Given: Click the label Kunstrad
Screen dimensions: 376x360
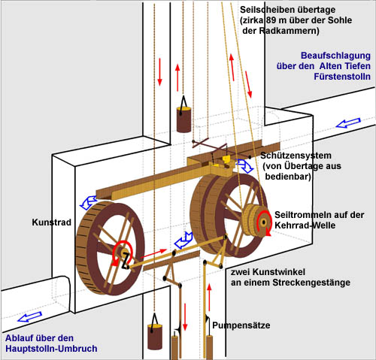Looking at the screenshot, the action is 51,222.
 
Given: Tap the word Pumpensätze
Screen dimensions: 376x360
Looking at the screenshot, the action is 241,325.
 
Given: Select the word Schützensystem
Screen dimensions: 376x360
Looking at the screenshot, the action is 296,156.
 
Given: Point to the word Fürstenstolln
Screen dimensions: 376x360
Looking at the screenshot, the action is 342,77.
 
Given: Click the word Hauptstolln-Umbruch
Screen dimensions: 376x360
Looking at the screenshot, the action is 51,349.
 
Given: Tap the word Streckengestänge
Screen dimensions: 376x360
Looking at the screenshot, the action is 311,283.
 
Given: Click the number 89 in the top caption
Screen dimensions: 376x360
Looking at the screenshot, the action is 271,20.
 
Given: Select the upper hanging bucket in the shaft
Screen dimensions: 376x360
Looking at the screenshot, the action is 183,119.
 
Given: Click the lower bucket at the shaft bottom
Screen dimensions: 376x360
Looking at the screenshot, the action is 155,337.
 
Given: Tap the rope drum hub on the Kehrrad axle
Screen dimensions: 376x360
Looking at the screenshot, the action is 263,222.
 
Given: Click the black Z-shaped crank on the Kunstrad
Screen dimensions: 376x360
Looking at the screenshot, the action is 126,262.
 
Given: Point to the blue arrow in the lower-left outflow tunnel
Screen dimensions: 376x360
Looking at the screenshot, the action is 29,317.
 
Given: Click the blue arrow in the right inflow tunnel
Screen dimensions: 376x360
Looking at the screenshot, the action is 348,123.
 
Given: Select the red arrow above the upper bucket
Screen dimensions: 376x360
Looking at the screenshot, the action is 177,77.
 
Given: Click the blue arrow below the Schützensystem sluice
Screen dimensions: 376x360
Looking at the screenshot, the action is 245,165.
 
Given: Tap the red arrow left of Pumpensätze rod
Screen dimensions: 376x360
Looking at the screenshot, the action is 185,317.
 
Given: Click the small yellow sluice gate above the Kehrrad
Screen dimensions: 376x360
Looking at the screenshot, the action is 226,159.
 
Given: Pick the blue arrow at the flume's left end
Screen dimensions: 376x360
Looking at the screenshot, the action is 88,202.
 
